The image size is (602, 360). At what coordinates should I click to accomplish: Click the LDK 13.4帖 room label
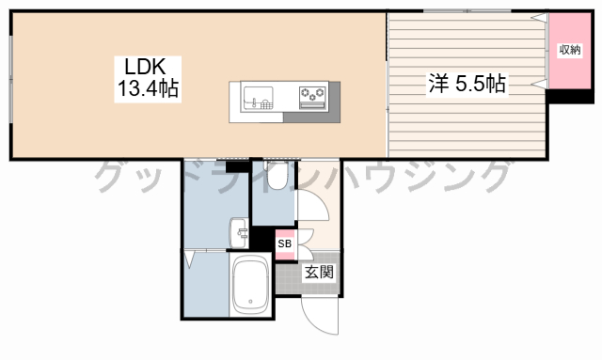click(x=148, y=79)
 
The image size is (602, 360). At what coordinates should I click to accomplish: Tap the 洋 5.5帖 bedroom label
click(x=467, y=84)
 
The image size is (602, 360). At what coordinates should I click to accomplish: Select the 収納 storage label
click(x=570, y=50)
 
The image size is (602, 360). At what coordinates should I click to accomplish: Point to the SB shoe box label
click(x=284, y=243)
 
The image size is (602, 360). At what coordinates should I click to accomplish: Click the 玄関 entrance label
click(x=319, y=272)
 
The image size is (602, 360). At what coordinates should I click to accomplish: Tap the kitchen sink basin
click(x=259, y=99)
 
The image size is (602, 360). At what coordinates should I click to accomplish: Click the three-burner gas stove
click(x=312, y=98)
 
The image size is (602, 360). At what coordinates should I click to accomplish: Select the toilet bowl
click(x=277, y=176)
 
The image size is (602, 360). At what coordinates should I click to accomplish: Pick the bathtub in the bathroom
click(x=250, y=284)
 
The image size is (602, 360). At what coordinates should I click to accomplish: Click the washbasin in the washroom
click(x=239, y=233)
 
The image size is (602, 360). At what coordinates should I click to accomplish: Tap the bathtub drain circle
click(x=250, y=302)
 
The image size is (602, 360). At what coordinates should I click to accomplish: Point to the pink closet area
click(x=570, y=51)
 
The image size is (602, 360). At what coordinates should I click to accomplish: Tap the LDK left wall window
click(x=11, y=80)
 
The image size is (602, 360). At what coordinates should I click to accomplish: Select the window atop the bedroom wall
click(x=467, y=11)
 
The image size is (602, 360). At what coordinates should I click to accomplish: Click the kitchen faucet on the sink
click(x=254, y=102)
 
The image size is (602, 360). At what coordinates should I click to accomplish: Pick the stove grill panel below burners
click(x=312, y=105)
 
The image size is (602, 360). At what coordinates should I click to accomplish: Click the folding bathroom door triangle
click(x=190, y=259)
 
